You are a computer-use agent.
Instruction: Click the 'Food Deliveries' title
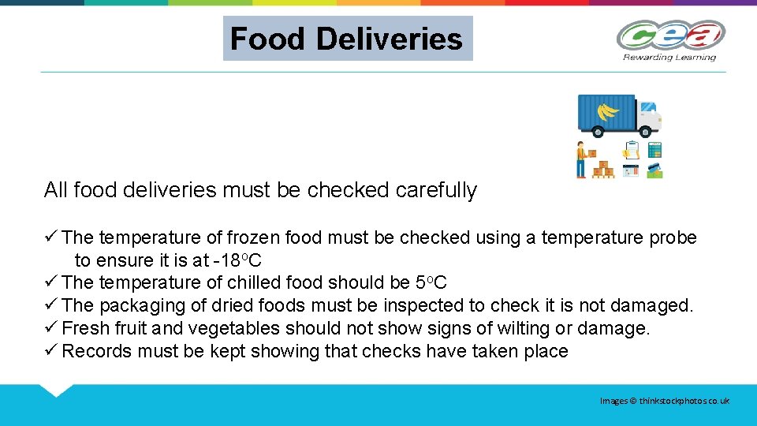(x=347, y=39)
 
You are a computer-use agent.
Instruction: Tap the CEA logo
(x=670, y=35)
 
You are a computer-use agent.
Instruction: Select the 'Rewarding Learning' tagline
(x=669, y=57)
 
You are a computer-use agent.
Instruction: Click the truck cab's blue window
(x=647, y=108)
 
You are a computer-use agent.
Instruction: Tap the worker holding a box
(x=581, y=159)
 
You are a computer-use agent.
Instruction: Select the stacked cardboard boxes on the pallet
(x=603, y=168)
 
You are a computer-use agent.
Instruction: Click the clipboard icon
(x=631, y=149)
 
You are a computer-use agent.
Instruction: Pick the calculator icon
(x=654, y=149)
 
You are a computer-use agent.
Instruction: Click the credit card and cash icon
(x=654, y=170)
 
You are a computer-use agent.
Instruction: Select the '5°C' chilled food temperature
(x=431, y=282)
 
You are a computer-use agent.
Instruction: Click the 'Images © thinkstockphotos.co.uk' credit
(x=664, y=402)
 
